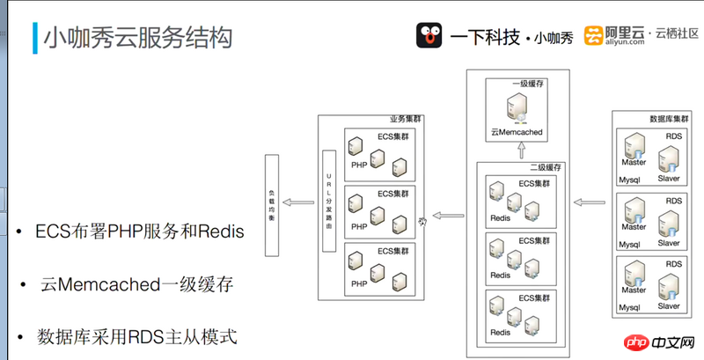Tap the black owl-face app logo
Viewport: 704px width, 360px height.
pyautogui.click(x=429, y=35)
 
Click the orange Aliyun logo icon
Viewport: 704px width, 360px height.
pyautogui.click(x=595, y=35)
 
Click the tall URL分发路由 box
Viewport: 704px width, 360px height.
pyautogui.click(x=329, y=201)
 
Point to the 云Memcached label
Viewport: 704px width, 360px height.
pyautogui.click(x=517, y=132)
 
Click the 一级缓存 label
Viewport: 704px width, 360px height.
pyautogui.click(x=529, y=85)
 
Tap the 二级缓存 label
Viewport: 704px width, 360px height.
pyautogui.click(x=545, y=166)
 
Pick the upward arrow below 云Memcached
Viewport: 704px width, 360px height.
pyautogui.click(x=520, y=150)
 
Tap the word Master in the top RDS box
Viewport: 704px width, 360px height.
pyautogui.click(x=634, y=163)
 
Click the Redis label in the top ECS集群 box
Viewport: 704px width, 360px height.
pyautogui.click(x=500, y=217)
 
